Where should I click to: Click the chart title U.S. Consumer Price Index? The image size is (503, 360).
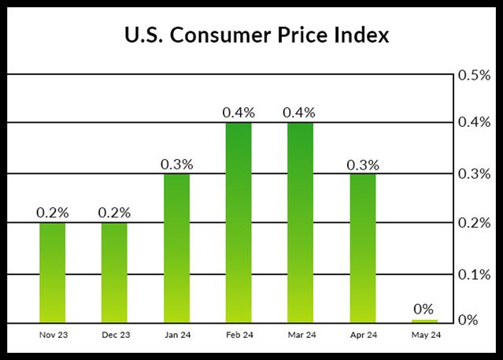click(251, 37)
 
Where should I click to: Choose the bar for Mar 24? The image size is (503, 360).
click(299, 223)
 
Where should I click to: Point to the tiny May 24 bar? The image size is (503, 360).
click(423, 321)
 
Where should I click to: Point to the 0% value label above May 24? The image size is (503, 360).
click(423, 309)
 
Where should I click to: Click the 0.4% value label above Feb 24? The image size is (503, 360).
click(238, 113)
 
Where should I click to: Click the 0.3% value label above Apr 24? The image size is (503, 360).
click(362, 165)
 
